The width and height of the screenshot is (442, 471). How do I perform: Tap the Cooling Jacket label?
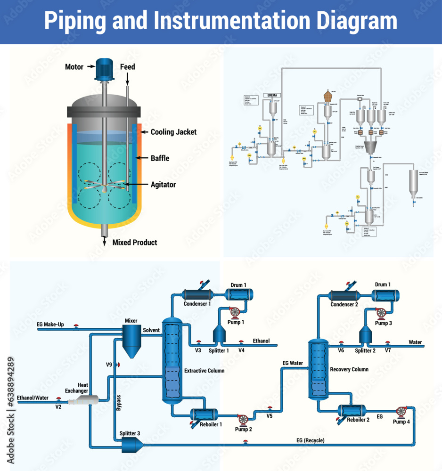[173, 132]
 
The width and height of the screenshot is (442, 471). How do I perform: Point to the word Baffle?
[160, 159]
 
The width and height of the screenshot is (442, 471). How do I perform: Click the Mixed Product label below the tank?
[134, 243]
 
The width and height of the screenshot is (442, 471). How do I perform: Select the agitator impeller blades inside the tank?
[104, 187]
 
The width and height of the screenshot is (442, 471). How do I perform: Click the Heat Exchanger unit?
[83, 400]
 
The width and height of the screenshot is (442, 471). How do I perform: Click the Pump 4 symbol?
[402, 411]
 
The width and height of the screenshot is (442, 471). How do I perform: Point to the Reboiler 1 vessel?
[204, 414]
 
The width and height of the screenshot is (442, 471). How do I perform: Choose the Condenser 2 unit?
[344, 295]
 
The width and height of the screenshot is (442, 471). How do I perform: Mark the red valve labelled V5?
[270, 408]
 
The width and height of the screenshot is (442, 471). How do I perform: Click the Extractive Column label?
[204, 371]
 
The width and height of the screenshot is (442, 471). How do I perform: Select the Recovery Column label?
[349, 369]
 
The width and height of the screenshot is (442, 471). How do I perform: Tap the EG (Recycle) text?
[310, 440]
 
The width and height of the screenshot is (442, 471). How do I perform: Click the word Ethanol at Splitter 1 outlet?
[262, 341]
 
